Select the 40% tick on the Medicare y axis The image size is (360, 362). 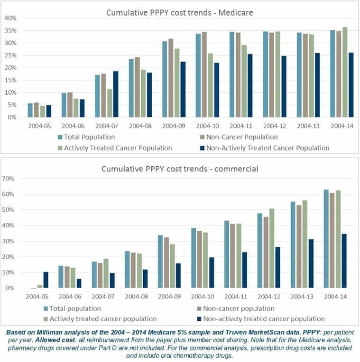10,18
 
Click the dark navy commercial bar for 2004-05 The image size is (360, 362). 46,280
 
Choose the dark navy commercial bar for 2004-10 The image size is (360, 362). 198,272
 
